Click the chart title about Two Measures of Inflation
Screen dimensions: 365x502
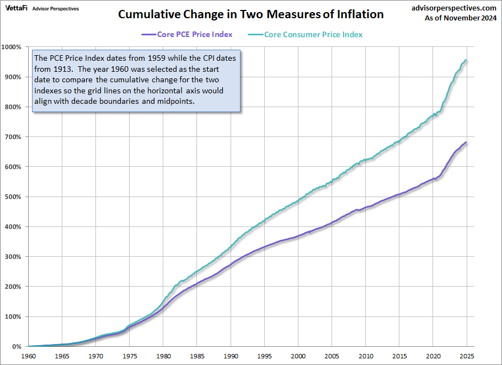pos(251,14)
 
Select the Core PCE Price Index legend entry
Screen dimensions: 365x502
pos(195,34)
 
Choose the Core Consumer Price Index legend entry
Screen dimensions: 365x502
pos(313,34)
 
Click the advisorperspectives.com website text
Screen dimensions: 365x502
pos(453,8)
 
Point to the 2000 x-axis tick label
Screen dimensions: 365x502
pos(298,357)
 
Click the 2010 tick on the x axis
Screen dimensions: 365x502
pos(366,357)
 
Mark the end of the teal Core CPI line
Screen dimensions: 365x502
pos(467,60)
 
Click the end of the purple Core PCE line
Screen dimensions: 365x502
pos(467,142)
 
